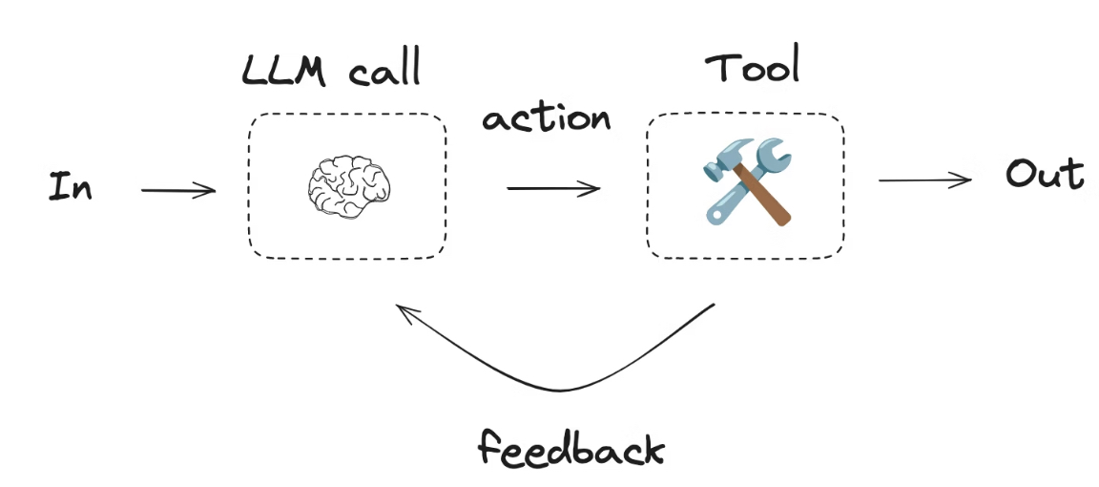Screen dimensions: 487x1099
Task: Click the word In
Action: [x=71, y=186]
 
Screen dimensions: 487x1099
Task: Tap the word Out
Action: [x=1045, y=175]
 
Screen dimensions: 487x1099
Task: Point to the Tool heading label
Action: [x=752, y=69]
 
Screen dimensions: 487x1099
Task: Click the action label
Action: [x=546, y=117]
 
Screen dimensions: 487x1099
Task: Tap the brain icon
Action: [x=346, y=185]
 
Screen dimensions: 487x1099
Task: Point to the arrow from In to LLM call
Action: [x=178, y=191]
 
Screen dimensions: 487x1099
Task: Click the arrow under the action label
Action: [x=553, y=188]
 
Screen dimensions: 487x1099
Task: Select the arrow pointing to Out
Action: [x=924, y=180]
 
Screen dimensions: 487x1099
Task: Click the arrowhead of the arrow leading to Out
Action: [x=965, y=180]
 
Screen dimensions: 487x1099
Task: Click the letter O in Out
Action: [x=1020, y=175]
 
